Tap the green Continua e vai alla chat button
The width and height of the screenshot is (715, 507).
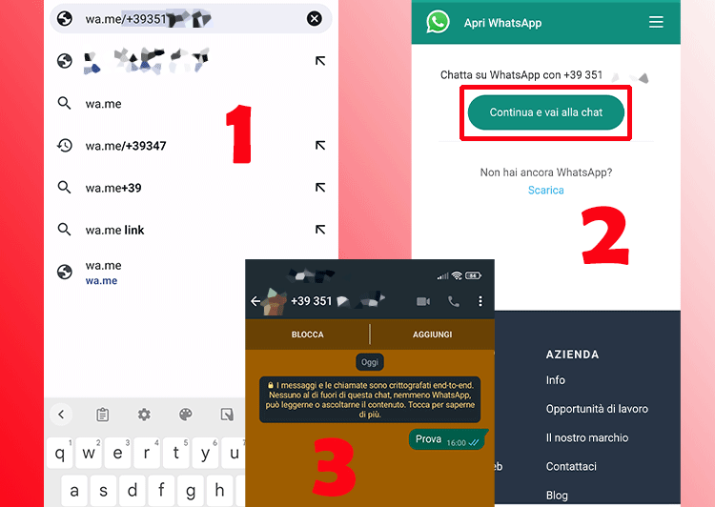[x=545, y=112]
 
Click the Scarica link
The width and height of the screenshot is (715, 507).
[x=546, y=190]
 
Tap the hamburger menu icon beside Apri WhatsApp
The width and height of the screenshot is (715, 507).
[x=656, y=22]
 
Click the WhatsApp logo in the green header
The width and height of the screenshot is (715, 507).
[x=438, y=22]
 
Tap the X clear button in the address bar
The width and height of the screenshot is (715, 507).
[x=314, y=19]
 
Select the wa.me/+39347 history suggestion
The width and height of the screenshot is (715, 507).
[x=126, y=146]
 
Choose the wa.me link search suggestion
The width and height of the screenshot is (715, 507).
[x=114, y=230]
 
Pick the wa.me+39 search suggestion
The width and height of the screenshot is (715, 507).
[x=113, y=188]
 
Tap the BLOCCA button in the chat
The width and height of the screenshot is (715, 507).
[x=307, y=335]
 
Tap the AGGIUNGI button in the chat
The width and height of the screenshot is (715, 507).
[x=433, y=335]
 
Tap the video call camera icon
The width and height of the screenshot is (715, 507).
[x=423, y=301]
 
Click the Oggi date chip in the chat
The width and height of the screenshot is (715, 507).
[x=370, y=363]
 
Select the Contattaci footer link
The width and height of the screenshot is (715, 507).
[x=571, y=466]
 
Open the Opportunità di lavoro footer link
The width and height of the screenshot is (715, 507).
[x=597, y=409]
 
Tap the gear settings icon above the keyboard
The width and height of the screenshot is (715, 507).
[x=144, y=415]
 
